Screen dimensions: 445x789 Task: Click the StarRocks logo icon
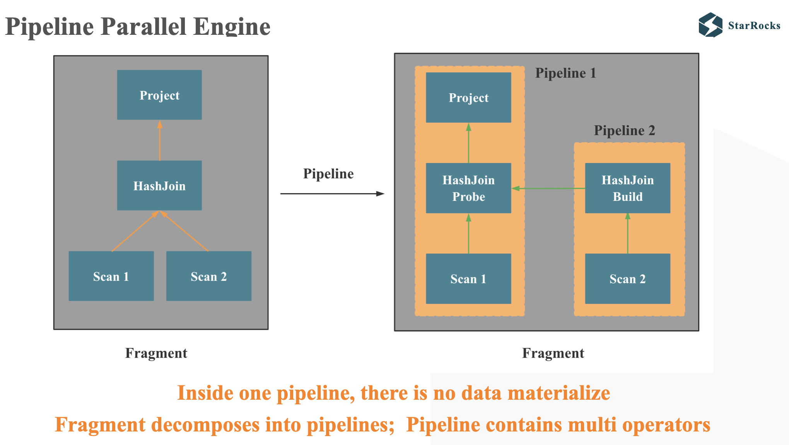pos(710,25)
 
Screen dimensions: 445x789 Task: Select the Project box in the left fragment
pos(159,95)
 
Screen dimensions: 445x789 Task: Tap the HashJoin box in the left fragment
pos(159,186)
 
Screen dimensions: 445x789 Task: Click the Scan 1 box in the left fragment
pos(111,276)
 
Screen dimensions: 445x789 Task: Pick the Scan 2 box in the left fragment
pos(208,276)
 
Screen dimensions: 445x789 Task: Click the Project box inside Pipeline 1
pos(468,98)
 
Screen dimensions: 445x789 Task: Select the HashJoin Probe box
pos(468,188)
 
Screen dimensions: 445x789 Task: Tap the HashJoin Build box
pos(627,188)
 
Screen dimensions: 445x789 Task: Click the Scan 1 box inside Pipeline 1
pos(468,279)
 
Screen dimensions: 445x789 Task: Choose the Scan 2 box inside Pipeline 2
pos(627,279)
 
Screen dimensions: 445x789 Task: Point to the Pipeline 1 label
pos(565,73)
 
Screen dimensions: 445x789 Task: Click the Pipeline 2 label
pos(624,130)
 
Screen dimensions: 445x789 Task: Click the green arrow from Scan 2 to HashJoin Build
pos(628,233)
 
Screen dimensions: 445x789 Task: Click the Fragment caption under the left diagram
pos(156,353)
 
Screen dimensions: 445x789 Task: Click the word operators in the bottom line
pos(666,425)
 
